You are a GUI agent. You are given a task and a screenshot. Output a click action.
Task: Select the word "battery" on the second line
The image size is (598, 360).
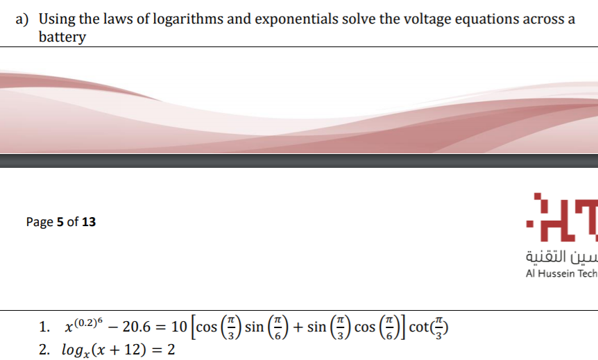tap(62, 37)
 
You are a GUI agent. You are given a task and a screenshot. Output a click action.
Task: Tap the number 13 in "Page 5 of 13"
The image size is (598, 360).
tap(89, 222)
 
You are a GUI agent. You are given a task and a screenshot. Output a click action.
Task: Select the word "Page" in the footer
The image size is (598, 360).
tap(39, 222)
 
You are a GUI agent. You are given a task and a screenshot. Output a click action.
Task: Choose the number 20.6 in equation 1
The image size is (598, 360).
tap(136, 327)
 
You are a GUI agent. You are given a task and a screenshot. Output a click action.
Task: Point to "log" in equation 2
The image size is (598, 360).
tap(71, 348)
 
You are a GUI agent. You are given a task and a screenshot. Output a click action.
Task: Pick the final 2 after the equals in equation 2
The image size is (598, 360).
tap(170, 348)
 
